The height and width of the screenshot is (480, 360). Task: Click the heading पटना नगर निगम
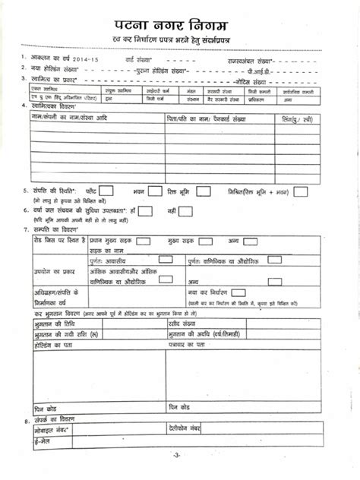tap(179, 17)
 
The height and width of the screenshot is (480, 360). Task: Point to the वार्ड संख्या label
tap(139, 57)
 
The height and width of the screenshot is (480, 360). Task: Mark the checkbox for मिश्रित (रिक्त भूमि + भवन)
tap(301, 192)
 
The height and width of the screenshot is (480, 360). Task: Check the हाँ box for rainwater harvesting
tap(146, 210)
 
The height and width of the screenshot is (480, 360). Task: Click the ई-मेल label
tap(35, 441)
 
